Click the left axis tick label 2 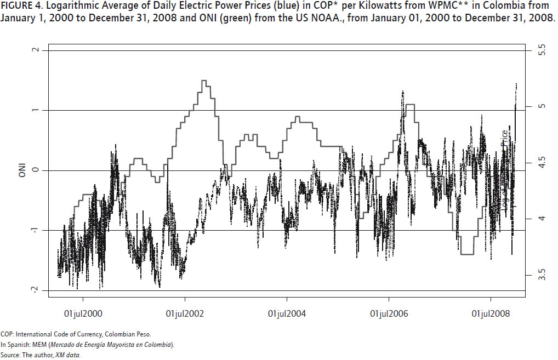[36, 50]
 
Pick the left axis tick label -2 [36, 290]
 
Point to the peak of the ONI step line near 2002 [204, 81]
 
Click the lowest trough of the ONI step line [466, 254]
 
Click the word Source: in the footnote [10, 355]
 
